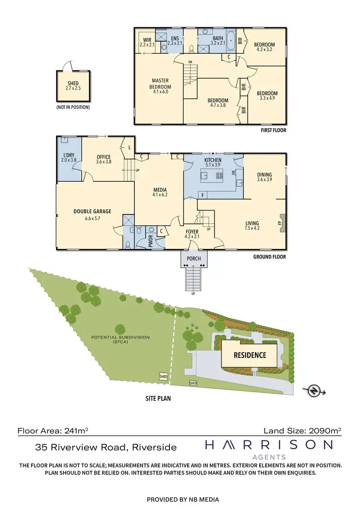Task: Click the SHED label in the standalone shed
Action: (x=73, y=83)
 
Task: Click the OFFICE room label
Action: (x=104, y=157)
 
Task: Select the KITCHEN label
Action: (x=213, y=160)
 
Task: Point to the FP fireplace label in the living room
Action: (x=279, y=223)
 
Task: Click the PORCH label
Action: (x=194, y=259)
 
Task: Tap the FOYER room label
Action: (x=192, y=232)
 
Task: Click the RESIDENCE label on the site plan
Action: (x=250, y=355)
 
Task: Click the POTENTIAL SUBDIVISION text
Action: (x=120, y=337)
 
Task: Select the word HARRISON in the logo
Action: (x=269, y=446)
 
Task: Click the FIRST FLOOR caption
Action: (x=273, y=130)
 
